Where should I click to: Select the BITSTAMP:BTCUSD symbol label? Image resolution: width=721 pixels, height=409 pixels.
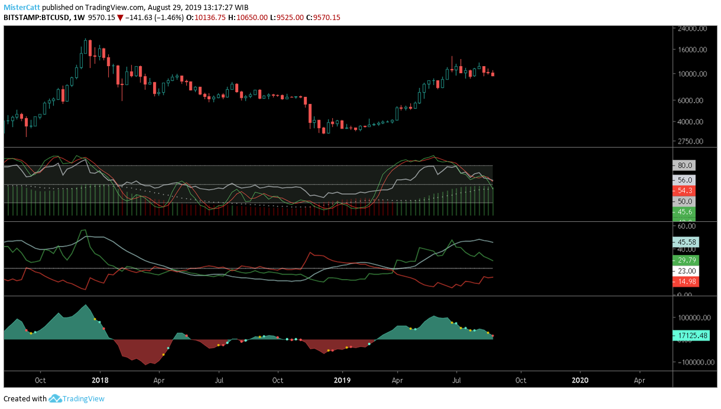(x=35, y=18)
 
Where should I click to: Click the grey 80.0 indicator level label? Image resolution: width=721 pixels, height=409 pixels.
(x=686, y=166)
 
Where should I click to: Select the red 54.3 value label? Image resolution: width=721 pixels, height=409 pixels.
(x=686, y=191)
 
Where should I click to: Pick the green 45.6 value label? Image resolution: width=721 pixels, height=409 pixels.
(x=686, y=212)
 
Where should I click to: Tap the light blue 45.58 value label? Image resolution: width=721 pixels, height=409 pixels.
(x=686, y=242)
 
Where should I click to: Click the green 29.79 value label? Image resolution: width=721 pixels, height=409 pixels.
(x=686, y=260)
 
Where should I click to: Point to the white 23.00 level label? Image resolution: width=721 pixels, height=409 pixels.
(x=686, y=271)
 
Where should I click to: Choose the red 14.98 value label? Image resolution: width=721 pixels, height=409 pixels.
(x=686, y=282)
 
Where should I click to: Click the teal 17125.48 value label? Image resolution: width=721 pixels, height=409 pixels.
(x=690, y=336)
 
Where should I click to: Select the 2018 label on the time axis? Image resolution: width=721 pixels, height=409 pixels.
(x=100, y=381)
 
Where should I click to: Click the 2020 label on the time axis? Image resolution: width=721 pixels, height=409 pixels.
(x=580, y=381)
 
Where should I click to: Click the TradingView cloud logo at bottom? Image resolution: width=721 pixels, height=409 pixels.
(x=56, y=398)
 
